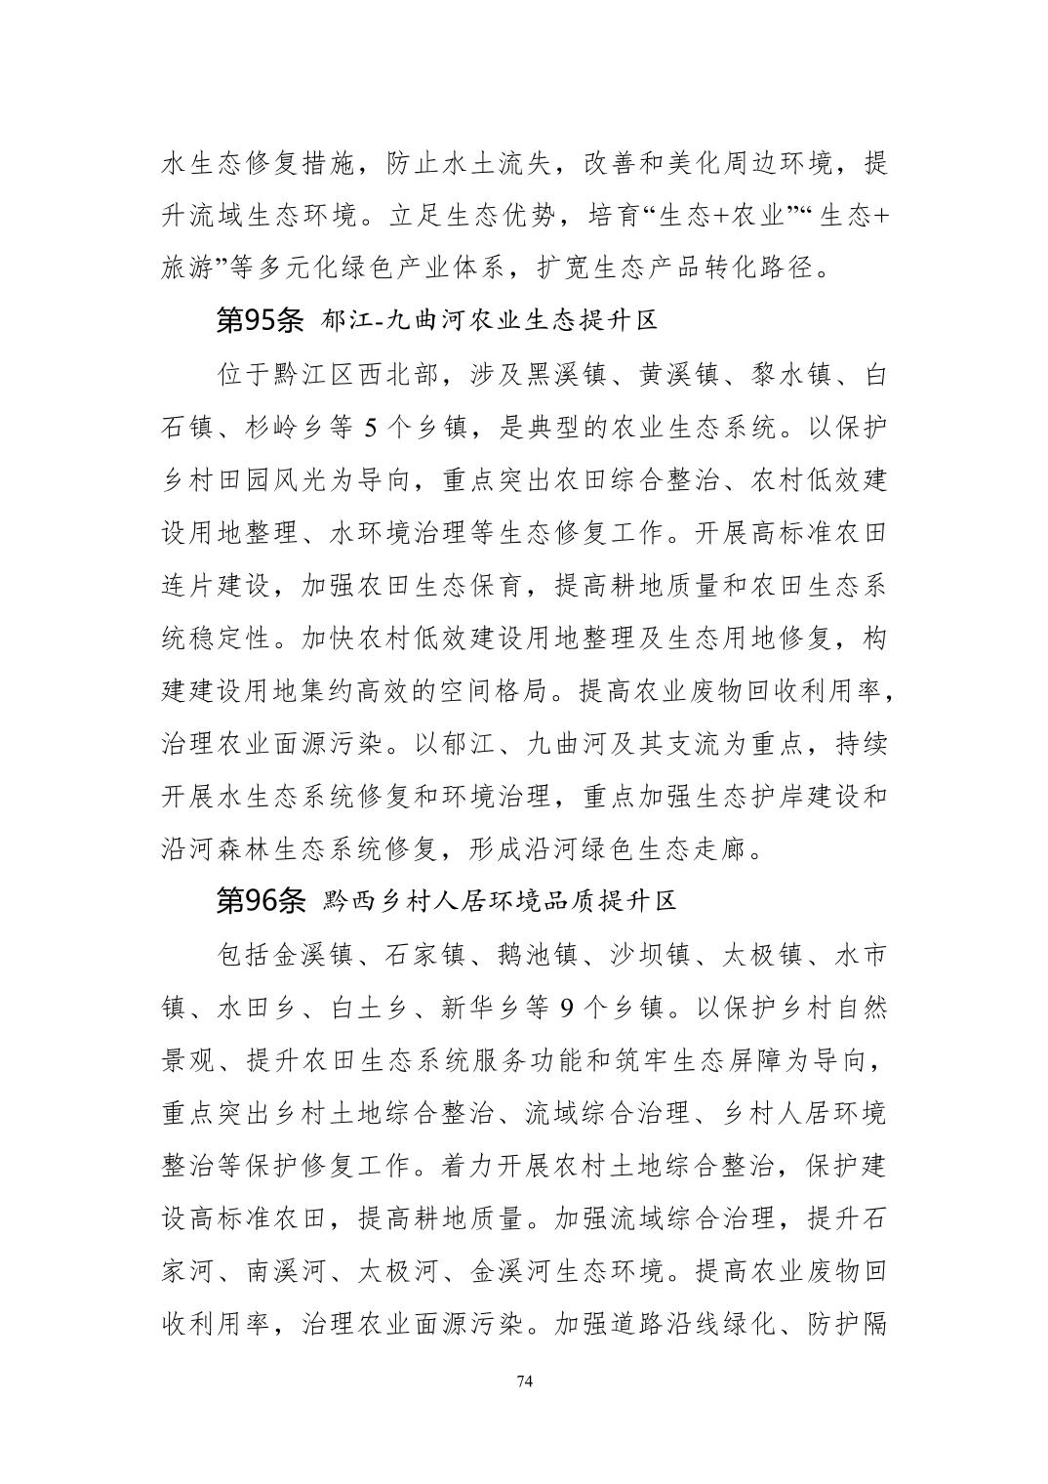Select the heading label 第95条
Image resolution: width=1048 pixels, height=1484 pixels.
point(260,319)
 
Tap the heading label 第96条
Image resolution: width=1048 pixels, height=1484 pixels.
point(260,900)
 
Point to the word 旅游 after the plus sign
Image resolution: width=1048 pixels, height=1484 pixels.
point(188,268)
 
